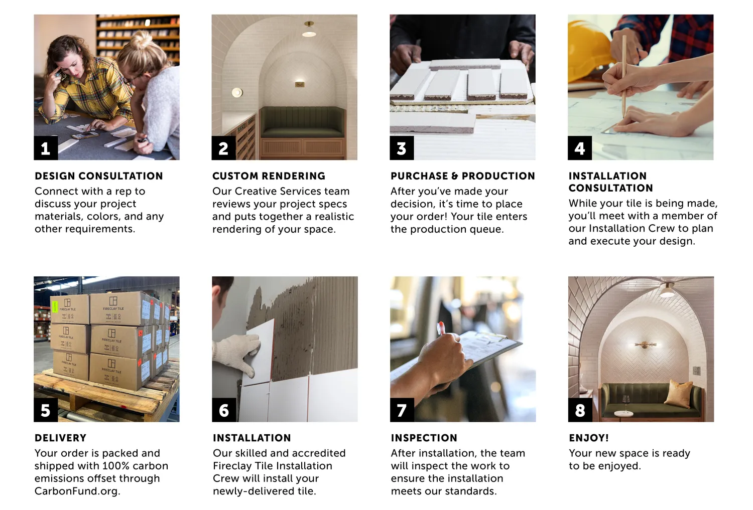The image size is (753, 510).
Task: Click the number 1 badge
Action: [x=46, y=148]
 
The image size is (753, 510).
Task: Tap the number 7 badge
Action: [x=402, y=410]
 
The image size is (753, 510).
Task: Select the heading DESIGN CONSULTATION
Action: [x=99, y=176]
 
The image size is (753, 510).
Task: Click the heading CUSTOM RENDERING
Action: [x=269, y=176]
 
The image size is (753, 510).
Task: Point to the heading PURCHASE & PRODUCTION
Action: [x=463, y=176]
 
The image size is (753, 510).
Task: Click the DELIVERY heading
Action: [x=61, y=438]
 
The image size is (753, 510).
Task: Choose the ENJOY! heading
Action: [x=589, y=438]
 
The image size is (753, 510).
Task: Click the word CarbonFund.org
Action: [x=77, y=491]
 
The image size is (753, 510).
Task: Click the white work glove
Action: [x=237, y=353]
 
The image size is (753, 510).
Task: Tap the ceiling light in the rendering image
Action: [x=309, y=29]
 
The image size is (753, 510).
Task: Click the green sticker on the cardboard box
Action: [x=55, y=306]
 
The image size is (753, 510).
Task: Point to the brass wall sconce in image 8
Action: [x=645, y=345]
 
